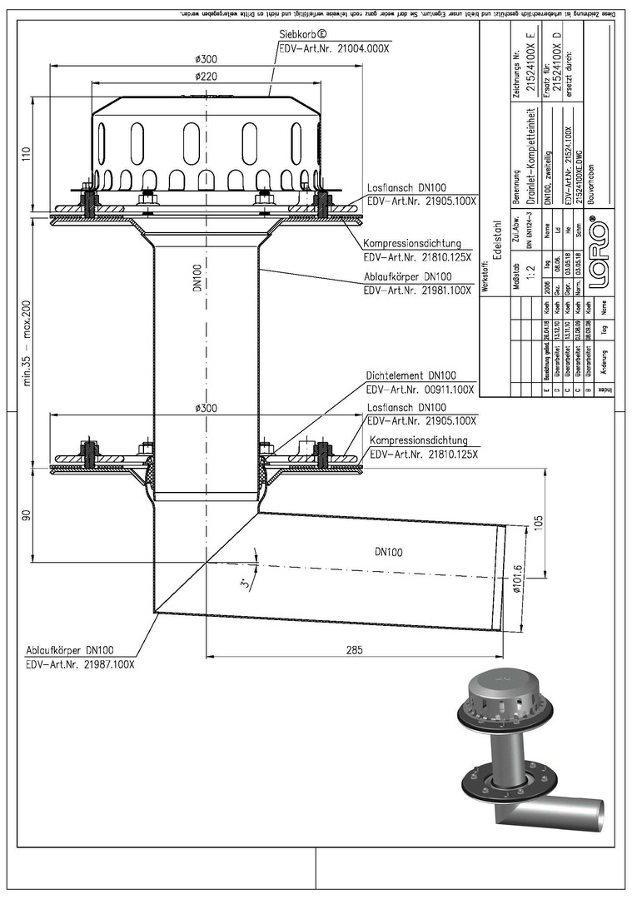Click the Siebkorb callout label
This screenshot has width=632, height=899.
coord(305,36)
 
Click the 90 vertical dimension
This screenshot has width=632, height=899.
coord(26,516)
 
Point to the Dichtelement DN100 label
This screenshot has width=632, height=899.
coord(411,375)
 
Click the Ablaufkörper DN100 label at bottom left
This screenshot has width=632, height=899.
coord(70,651)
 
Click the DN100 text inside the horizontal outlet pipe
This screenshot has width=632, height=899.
coord(383,551)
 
